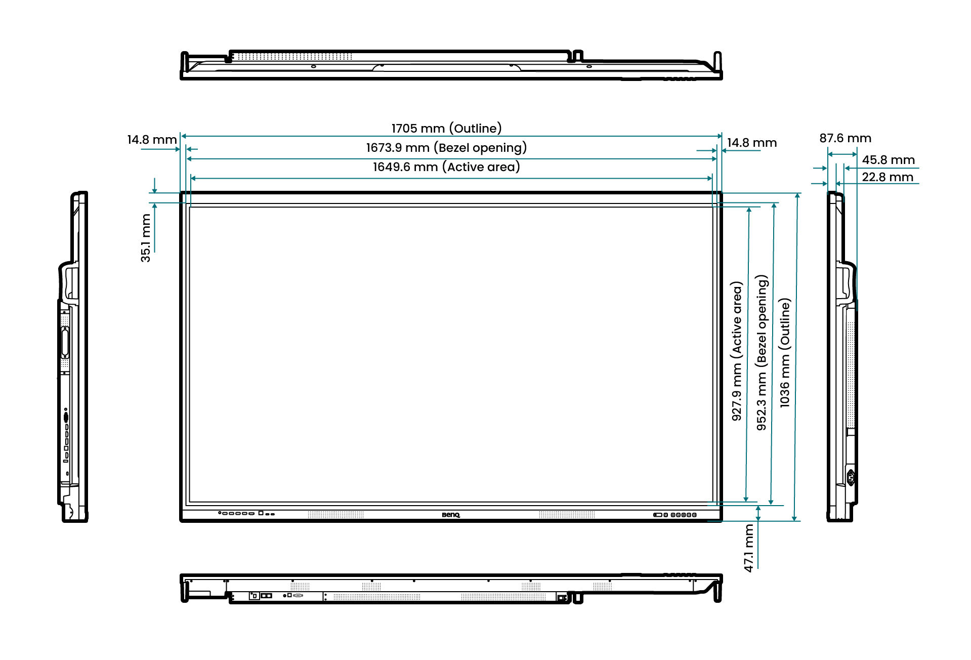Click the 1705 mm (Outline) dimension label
click(446, 128)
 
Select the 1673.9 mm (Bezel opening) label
click(446, 148)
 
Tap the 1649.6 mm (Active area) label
click(446, 167)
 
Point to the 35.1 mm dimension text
click(146, 238)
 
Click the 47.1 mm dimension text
click(749, 548)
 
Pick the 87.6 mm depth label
click(845, 138)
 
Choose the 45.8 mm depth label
click(888, 160)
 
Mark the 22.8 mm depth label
click(888, 177)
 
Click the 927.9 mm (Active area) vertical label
click(737, 351)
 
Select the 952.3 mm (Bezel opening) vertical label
click(762, 353)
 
